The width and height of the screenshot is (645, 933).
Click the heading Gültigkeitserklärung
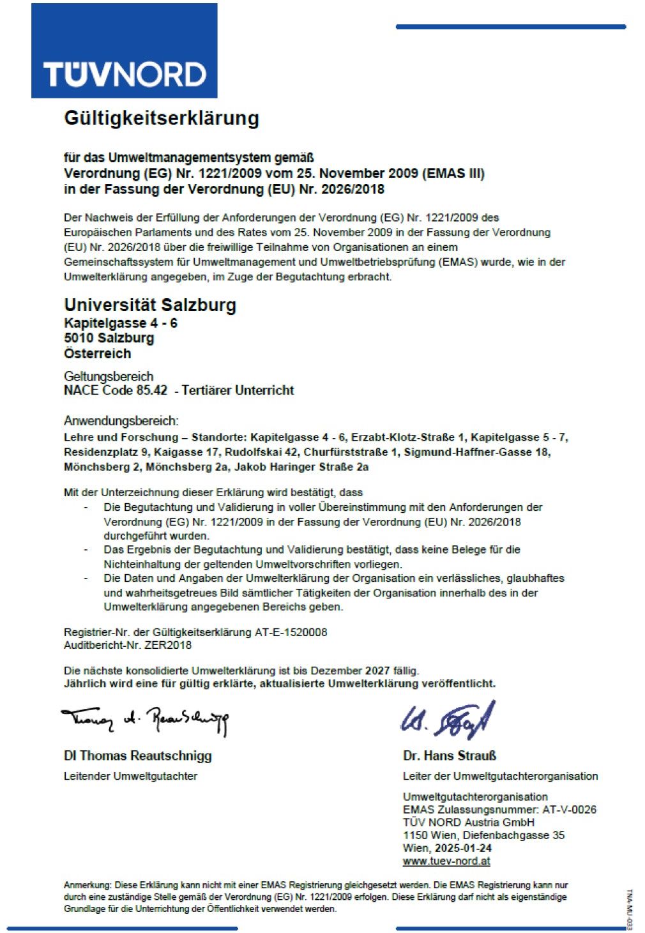tap(162, 118)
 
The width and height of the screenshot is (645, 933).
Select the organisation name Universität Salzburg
tap(150, 305)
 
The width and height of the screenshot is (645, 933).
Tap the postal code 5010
tap(79, 338)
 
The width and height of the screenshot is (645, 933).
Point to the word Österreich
tap(97, 353)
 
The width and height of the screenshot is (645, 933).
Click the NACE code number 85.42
tap(151, 390)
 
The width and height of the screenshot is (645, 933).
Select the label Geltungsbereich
tap(109, 376)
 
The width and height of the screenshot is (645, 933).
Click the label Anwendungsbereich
tap(121, 421)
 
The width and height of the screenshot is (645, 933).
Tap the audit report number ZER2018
tap(167, 645)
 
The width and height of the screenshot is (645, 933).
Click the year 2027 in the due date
tap(377, 671)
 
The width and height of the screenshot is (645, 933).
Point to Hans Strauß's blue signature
tap(448, 720)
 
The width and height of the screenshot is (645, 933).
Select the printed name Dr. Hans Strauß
tap(450, 755)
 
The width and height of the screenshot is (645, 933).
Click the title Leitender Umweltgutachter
tap(130, 776)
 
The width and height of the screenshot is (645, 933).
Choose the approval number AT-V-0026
tap(569, 809)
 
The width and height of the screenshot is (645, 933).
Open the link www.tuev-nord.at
tap(446, 861)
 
